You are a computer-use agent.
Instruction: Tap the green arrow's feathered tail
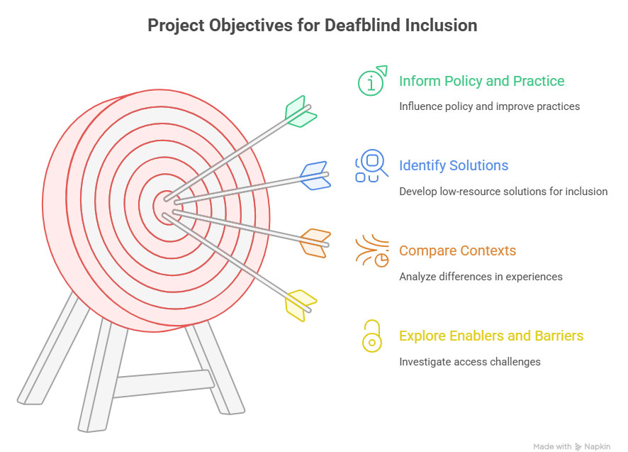tap(301, 111)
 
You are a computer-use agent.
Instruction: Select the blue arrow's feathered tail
tap(315, 176)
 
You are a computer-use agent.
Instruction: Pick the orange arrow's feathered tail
tap(315, 243)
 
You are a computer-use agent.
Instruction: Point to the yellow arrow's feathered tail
tap(301, 306)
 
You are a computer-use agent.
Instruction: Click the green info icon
tap(372, 81)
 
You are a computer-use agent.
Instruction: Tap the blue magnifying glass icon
tap(371, 165)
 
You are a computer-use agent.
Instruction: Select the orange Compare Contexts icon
tap(372, 250)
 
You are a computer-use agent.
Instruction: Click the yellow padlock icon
tap(372, 336)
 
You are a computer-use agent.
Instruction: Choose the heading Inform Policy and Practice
tap(482, 81)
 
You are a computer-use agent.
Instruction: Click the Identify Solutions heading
tap(454, 165)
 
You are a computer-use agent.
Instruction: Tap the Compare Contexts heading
tap(457, 250)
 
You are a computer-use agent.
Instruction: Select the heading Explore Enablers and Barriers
tap(491, 336)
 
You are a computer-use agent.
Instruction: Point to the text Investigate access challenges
tap(470, 362)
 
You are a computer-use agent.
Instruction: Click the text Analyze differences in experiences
tap(481, 277)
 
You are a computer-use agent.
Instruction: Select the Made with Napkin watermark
tap(572, 446)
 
